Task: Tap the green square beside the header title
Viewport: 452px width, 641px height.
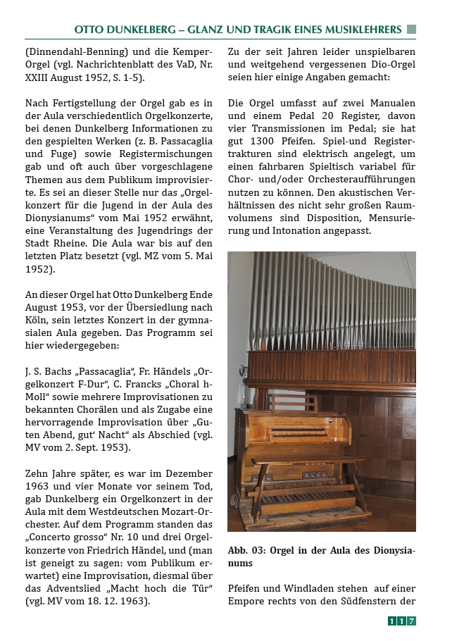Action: (411, 30)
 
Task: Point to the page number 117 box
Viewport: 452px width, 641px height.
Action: (402, 621)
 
